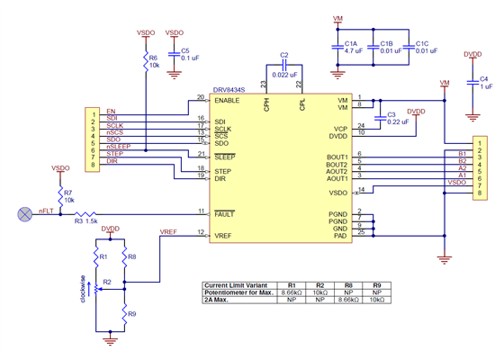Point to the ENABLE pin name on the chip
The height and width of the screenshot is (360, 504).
point(227,100)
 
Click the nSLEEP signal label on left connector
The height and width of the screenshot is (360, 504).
point(118,147)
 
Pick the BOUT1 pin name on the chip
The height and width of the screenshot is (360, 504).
point(337,157)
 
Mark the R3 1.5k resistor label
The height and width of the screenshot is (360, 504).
point(85,220)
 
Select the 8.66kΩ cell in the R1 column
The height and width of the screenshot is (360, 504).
point(291,292)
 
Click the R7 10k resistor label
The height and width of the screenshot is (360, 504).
point(68,196)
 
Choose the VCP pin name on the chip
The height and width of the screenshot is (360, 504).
point(340,128)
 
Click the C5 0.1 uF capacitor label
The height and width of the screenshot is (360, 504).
point(189,54)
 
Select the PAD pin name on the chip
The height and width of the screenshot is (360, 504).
point(340,236)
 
